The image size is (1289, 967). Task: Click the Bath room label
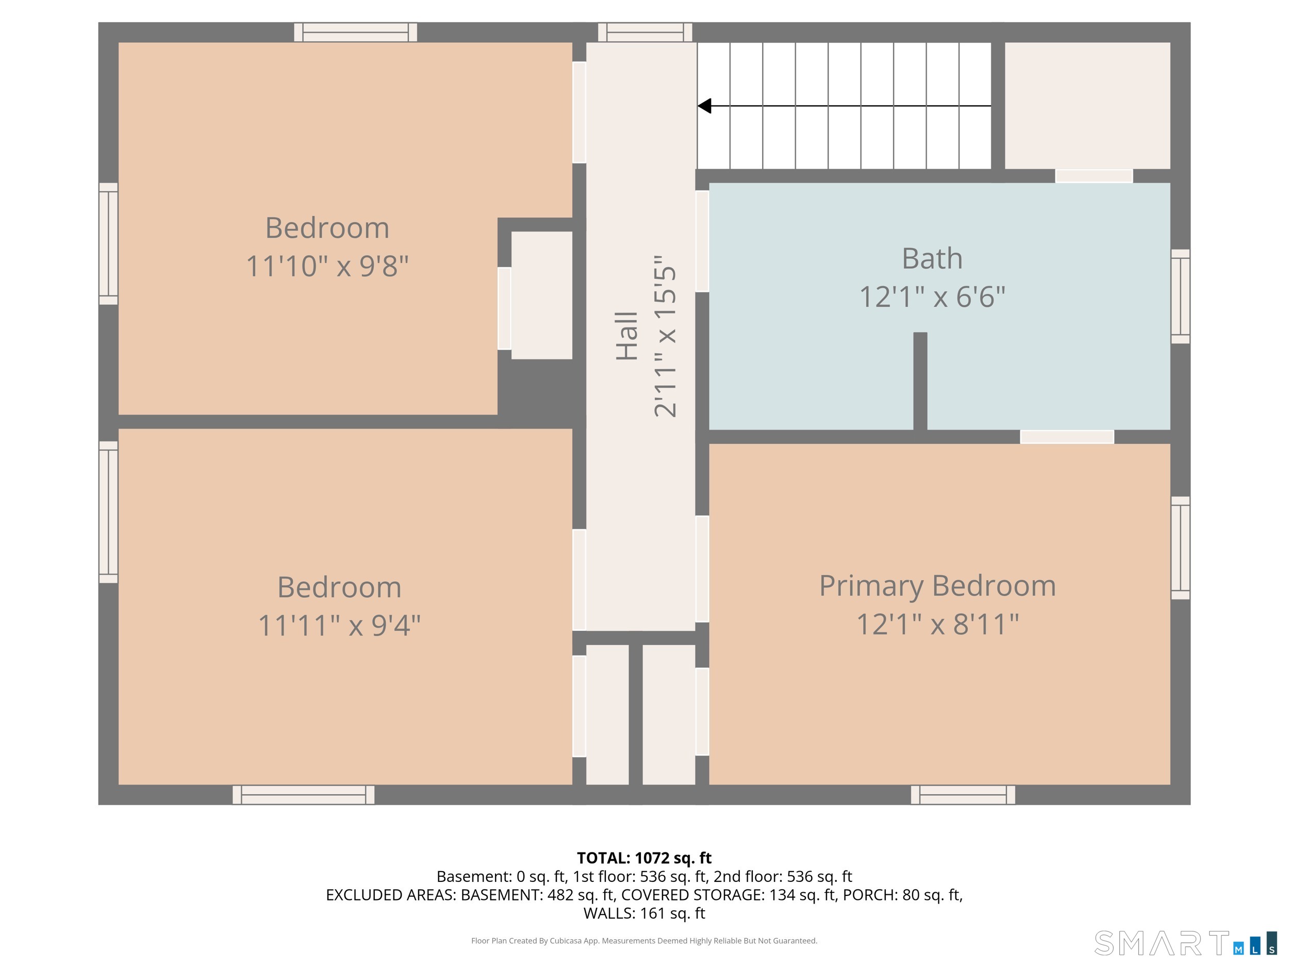[932, 258]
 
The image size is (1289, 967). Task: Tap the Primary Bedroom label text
[937, 586]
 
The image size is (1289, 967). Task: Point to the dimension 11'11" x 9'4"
[339, 626]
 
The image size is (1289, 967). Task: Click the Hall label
[627, 336]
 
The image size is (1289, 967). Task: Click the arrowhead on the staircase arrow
[704, 106]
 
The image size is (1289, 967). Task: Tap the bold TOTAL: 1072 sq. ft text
[644, 858]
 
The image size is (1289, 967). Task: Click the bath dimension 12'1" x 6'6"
[932, 297]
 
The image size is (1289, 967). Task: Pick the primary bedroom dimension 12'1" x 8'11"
[937, 624]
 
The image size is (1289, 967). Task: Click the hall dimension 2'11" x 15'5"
[665, 336]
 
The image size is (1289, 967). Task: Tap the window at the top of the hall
[645, 32]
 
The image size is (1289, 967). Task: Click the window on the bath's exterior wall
[1181, 297]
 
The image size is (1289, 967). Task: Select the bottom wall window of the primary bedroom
[963, 794]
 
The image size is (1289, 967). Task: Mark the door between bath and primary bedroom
[1067, 437]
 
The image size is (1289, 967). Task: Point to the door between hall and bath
[702, 241]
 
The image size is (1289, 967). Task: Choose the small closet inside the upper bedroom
[541, 296]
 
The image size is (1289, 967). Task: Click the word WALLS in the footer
[609, 913]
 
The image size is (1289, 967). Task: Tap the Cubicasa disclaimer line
[644, 940]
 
